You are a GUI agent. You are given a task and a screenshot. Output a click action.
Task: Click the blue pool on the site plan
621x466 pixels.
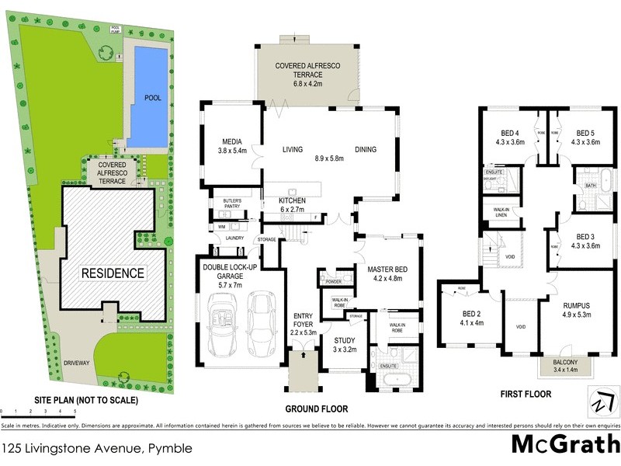point(147,97)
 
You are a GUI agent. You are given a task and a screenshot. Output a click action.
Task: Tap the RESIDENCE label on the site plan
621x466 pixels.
point(114,273)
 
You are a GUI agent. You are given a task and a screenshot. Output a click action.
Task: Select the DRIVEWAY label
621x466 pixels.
point(78,363)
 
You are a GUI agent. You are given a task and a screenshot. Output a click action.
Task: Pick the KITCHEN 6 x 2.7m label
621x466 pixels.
point(293,205)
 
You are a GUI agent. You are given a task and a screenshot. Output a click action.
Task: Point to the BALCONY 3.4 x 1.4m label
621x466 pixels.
point(565,366)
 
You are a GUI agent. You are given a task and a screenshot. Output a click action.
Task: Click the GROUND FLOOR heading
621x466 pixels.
point(316,409)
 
